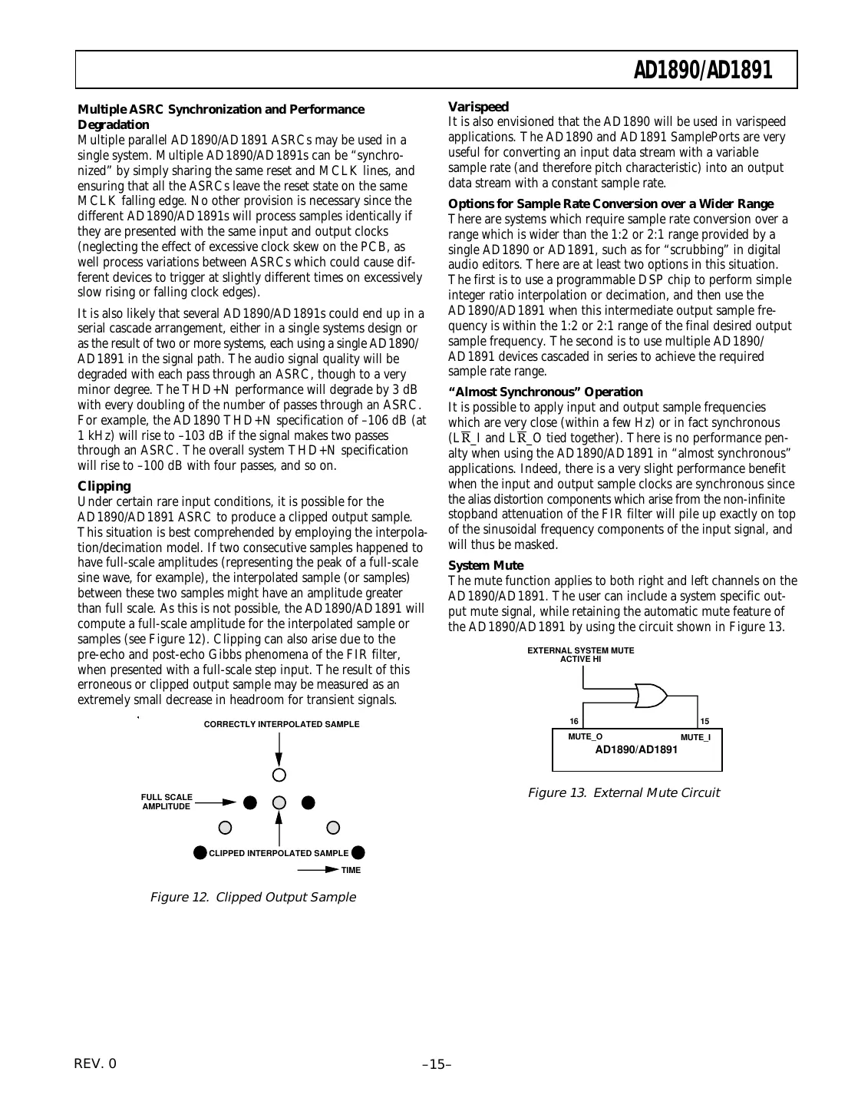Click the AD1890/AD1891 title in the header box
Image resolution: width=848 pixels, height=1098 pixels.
point(702,71)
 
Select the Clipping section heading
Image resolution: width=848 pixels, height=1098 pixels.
point(104,486)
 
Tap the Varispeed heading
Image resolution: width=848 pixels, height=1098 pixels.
point(478,107)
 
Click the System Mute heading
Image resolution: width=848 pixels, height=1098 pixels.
point(486,566)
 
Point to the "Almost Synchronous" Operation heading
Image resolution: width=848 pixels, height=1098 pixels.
point(545,392)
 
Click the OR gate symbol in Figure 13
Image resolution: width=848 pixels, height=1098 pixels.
point(651,696)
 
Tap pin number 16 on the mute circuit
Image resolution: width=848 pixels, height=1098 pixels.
point(573,721)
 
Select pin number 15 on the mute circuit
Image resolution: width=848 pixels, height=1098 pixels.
point(704,721)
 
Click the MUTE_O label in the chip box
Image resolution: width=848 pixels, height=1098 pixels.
point(585,736)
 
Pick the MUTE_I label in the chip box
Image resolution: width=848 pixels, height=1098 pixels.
point(695,737)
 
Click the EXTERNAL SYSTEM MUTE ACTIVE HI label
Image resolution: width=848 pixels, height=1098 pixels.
point(580,654)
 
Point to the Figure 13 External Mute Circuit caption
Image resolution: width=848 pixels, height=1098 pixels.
point(623,792)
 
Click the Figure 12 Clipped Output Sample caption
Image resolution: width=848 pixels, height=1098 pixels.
point(252,897)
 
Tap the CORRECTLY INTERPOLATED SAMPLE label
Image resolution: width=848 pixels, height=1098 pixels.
point(281,724)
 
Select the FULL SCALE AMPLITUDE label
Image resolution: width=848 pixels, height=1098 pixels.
point(167,802)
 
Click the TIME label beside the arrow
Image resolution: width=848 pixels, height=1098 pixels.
point(351,870)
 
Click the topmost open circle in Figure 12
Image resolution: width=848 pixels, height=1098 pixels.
point(279,774)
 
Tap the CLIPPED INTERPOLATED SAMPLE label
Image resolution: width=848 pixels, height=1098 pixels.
point(279,853)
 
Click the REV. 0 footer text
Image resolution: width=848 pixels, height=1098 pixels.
point(96,1063)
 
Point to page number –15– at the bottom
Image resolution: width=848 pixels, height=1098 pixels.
point(437,1064)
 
